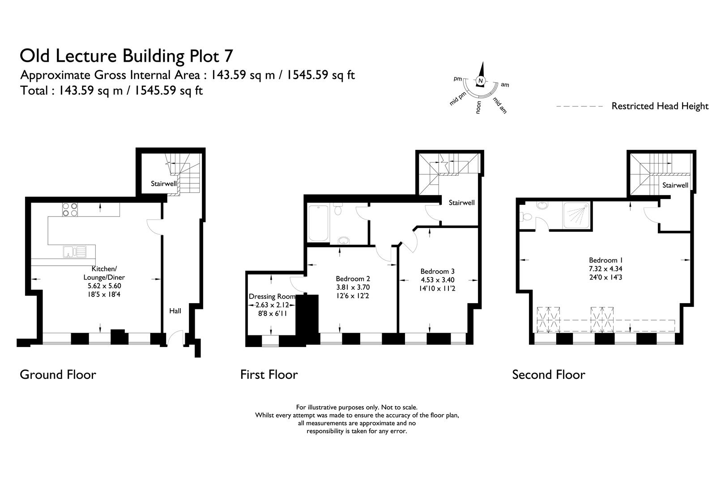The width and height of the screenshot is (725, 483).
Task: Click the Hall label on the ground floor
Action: pos(175,311)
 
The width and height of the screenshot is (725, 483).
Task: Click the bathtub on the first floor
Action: pos(319,223)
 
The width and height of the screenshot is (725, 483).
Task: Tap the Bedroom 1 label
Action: pos(606,260)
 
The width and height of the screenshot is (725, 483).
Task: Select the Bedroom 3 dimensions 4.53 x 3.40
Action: pos(437,280)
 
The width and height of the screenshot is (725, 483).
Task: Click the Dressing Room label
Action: pos(272,297)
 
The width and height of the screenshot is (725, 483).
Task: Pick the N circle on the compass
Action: pos(481,81)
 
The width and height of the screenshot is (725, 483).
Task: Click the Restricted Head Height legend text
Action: pos(660,106)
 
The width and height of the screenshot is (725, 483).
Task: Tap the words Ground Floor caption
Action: pos(58,374)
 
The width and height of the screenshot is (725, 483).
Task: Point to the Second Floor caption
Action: pos(548,374)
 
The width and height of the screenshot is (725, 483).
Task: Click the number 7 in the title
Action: pos(228,56)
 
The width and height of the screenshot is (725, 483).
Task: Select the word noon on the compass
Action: pos(478,108)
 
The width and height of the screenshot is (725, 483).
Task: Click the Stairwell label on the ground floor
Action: pos(163,184)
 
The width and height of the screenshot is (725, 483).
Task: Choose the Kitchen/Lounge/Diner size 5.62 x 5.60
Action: pos(104,286)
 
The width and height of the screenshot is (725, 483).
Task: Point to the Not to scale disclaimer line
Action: pos(357,407)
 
